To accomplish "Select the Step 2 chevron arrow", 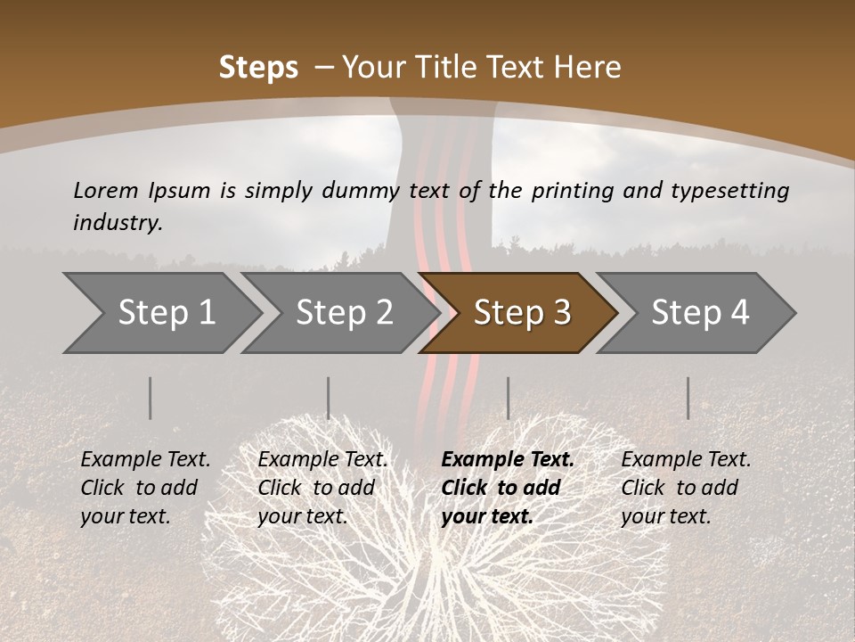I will (x=344, y=312).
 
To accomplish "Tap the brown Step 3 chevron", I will (x=522, y=312).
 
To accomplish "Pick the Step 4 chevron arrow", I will (x=700, y=312).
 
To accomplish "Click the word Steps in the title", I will (x=258, y=67).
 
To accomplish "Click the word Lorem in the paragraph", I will (x=106, y=190).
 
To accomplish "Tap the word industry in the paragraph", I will (x=118, y=223).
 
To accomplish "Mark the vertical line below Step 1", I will (x=151, y=398).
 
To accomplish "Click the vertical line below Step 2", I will (x=329, y=398).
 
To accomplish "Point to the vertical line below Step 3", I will (x=508, y=398).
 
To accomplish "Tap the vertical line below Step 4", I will (x=688, y=398).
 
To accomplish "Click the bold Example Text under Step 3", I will (x=508, y=460).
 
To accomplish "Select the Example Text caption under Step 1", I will (x=145, y=460).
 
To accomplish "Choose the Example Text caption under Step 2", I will (x=322, y=460).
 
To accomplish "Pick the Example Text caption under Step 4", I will (x=686, y=460).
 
